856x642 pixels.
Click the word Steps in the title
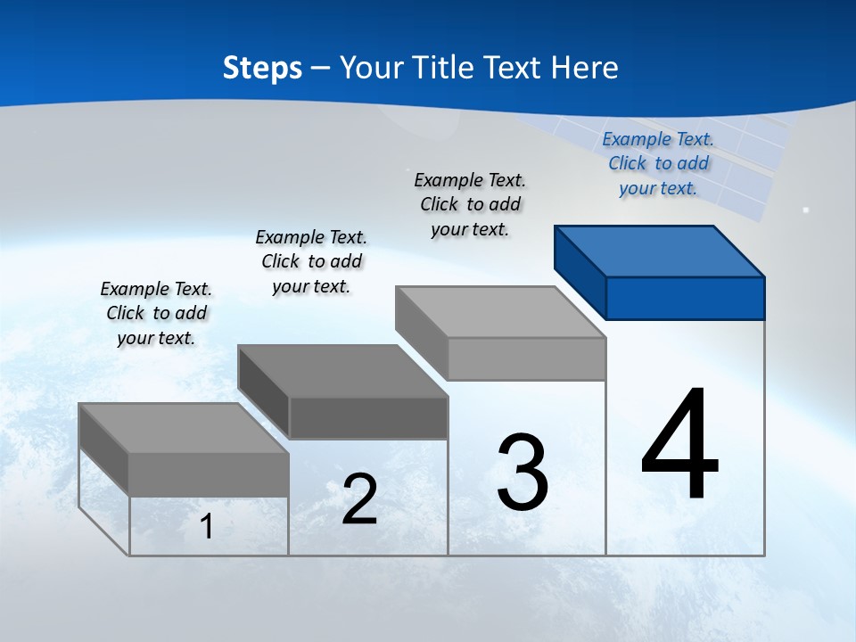pos(262,68)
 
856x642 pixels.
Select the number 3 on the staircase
pos(523,473)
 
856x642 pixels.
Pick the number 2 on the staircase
pos(359,499)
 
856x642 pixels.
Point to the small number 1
pos(207,526)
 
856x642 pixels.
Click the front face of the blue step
pos(685,298)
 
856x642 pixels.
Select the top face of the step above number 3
pos(500,312)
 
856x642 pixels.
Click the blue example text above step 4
pos(658,163)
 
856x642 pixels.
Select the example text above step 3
pos(470,204)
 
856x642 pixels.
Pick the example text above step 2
pos(311,261)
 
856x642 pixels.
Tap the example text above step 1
pos(156,313)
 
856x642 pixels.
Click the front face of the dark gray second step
pos(368,417)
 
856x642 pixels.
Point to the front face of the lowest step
pos(209,474)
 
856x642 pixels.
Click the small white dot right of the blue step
pos(806,210)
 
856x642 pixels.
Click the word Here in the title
pos(586,68)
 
